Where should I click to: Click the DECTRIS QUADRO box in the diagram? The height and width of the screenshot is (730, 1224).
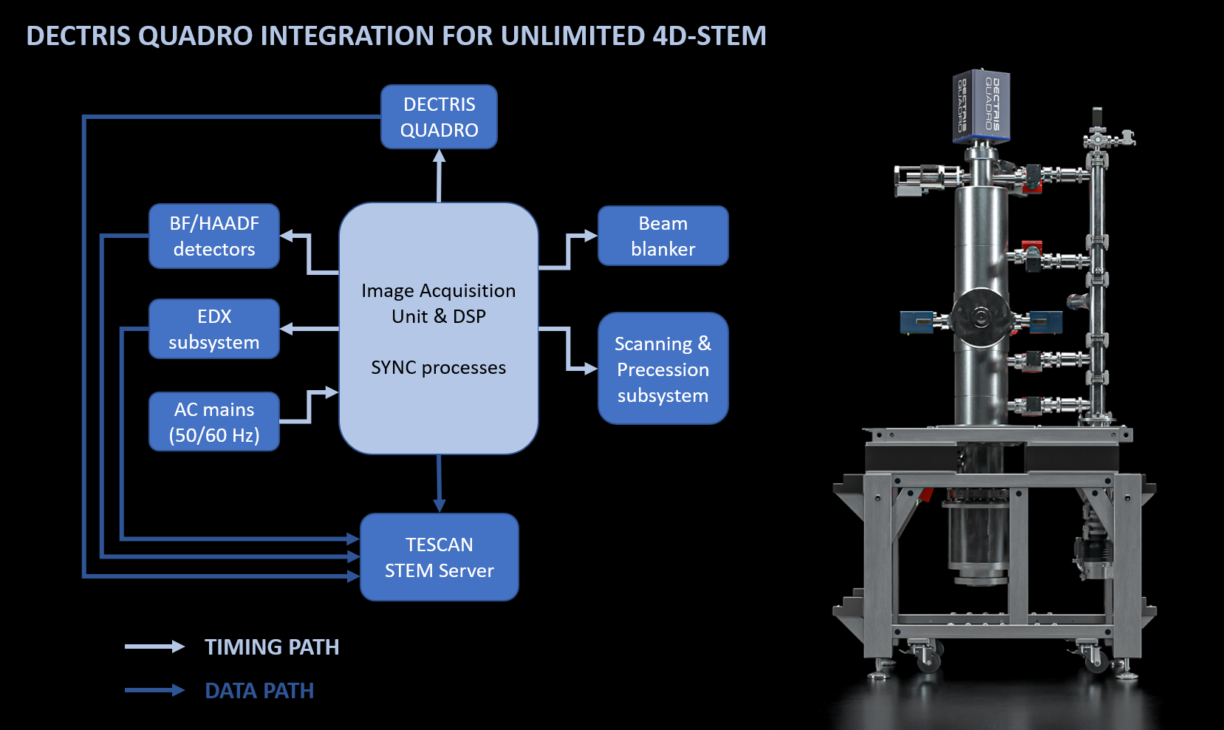click(439, 117)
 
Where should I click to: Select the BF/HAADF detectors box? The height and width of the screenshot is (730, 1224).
click(214, 236)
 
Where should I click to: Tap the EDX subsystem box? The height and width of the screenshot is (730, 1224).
click(214, 329)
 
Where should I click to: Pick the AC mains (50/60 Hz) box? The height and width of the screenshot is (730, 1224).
click(214, 422)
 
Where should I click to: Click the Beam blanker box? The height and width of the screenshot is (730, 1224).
click(663, 236)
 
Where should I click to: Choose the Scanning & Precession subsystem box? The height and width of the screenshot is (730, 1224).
click(663, 369)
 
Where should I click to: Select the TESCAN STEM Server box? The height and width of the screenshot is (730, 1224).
click(439, 557)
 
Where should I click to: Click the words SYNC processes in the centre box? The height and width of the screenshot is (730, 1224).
click(438, 367)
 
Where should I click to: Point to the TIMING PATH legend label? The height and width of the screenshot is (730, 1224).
click(272, 647)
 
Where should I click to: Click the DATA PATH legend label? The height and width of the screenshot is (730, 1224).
click(259, 691)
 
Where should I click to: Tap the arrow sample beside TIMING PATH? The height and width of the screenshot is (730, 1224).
click(154, 647)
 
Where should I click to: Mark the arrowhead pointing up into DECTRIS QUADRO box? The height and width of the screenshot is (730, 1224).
click(440, 156)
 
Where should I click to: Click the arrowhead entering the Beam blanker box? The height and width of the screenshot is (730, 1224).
click(590, 236)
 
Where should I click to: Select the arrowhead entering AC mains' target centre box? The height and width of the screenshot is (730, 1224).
click(332, 392)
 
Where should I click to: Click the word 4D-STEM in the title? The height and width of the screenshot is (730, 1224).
click(709, 35)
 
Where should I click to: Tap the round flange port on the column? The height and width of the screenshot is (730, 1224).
click(980, 317)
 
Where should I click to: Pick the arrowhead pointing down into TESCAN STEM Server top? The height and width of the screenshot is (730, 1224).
click(440, 506)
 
